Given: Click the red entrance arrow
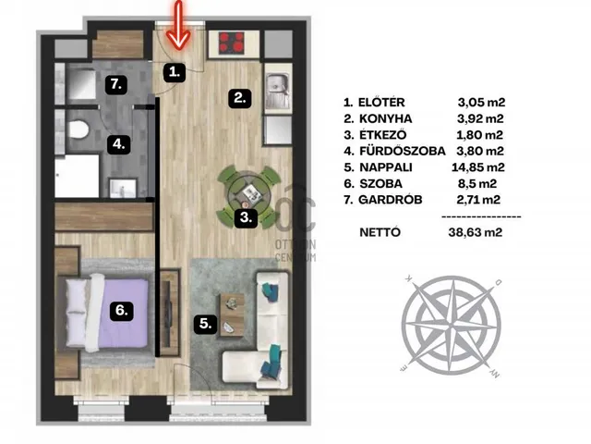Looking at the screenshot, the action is pyautogui.click(x=178, y=25).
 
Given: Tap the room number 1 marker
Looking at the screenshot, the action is pyautogui.click(x=175, y=72).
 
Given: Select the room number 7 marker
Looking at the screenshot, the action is pyautogui.click(x=116, y=84).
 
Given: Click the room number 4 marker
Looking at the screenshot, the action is pyautogui.click(x=119, y=144).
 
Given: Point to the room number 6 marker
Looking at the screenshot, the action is pyautogui.click(x=121, y=311).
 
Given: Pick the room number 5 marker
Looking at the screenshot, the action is pyautogui.click(x=205, y=324).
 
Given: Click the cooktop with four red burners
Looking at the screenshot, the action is pyautogui.click(x=232, y=42).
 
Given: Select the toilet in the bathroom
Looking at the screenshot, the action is pyautogui.click(x=78, y=129).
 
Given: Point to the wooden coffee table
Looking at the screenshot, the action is pyautogui.click(x=232, y=315).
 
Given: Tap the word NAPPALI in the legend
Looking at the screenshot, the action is pyautogui.click(x=386, y=167).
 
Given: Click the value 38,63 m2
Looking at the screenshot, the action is pyautogui.click(x=476, y=232).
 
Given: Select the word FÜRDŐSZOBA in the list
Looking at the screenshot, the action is pyautogui.click(x=403, y=151).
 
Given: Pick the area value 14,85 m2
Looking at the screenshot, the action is pyautogui.click(x=478, y=167).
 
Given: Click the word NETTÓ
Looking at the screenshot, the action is pyautogui.click(x=380, y=232).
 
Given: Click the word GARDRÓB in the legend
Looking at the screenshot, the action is pyautogui.click(x=390, y=200).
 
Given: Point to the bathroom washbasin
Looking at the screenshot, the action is pyautogui.click(x=123, y=188).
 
